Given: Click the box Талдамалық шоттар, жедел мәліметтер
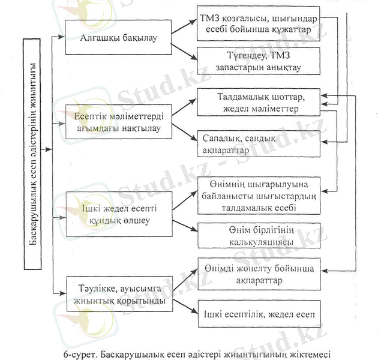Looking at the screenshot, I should click(259, 103).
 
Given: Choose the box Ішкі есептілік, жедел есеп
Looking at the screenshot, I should click(259, 313).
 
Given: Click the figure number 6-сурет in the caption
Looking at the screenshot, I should click(76, 350).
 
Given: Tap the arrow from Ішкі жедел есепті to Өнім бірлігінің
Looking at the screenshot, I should click(185, 224).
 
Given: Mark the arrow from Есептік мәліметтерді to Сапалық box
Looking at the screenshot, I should click(185, 133).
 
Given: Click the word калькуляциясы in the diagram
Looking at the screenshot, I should click(259, 241).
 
